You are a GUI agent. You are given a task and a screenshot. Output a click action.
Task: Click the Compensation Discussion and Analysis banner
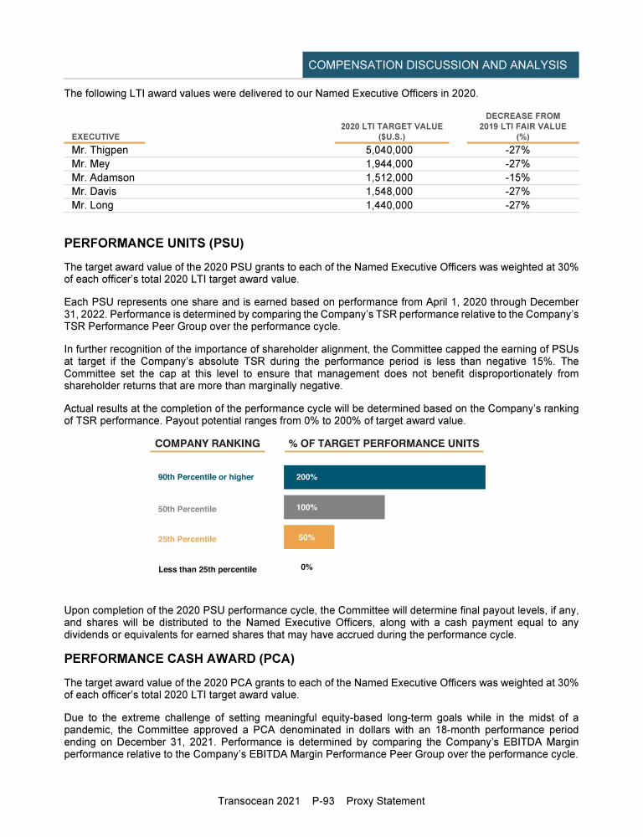(437, 64)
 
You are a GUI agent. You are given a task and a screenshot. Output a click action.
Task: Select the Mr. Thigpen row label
(100, 151)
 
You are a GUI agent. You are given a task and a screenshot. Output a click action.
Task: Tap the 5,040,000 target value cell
(389, 151)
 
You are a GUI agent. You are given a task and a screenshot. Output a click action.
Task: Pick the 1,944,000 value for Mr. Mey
(389, 164)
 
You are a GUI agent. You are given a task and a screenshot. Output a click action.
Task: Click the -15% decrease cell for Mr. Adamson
(517, 177)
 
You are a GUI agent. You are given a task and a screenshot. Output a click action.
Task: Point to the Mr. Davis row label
(95, 192)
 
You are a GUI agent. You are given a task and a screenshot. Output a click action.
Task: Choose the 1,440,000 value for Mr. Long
(389, 205)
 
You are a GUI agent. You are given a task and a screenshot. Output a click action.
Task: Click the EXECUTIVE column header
(95, 136)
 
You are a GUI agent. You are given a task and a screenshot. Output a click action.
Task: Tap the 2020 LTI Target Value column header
(391, 131)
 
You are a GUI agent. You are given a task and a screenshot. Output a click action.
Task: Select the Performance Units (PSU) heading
(153, 244)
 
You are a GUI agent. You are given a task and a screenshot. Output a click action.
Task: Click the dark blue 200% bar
(384, 477)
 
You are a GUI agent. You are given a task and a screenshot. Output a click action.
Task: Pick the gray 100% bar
(334, 507)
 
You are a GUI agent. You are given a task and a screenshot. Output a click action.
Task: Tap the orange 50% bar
(309, 537)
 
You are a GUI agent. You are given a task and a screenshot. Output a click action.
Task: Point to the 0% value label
(307, 567)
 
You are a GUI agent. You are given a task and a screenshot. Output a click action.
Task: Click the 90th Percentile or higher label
(206, 477)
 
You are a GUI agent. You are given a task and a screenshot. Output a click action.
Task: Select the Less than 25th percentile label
(208, 570)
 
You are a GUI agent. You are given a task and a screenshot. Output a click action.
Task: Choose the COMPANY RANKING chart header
(208, 444)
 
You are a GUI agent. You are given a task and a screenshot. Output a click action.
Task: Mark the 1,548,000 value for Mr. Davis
(389, 192)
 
